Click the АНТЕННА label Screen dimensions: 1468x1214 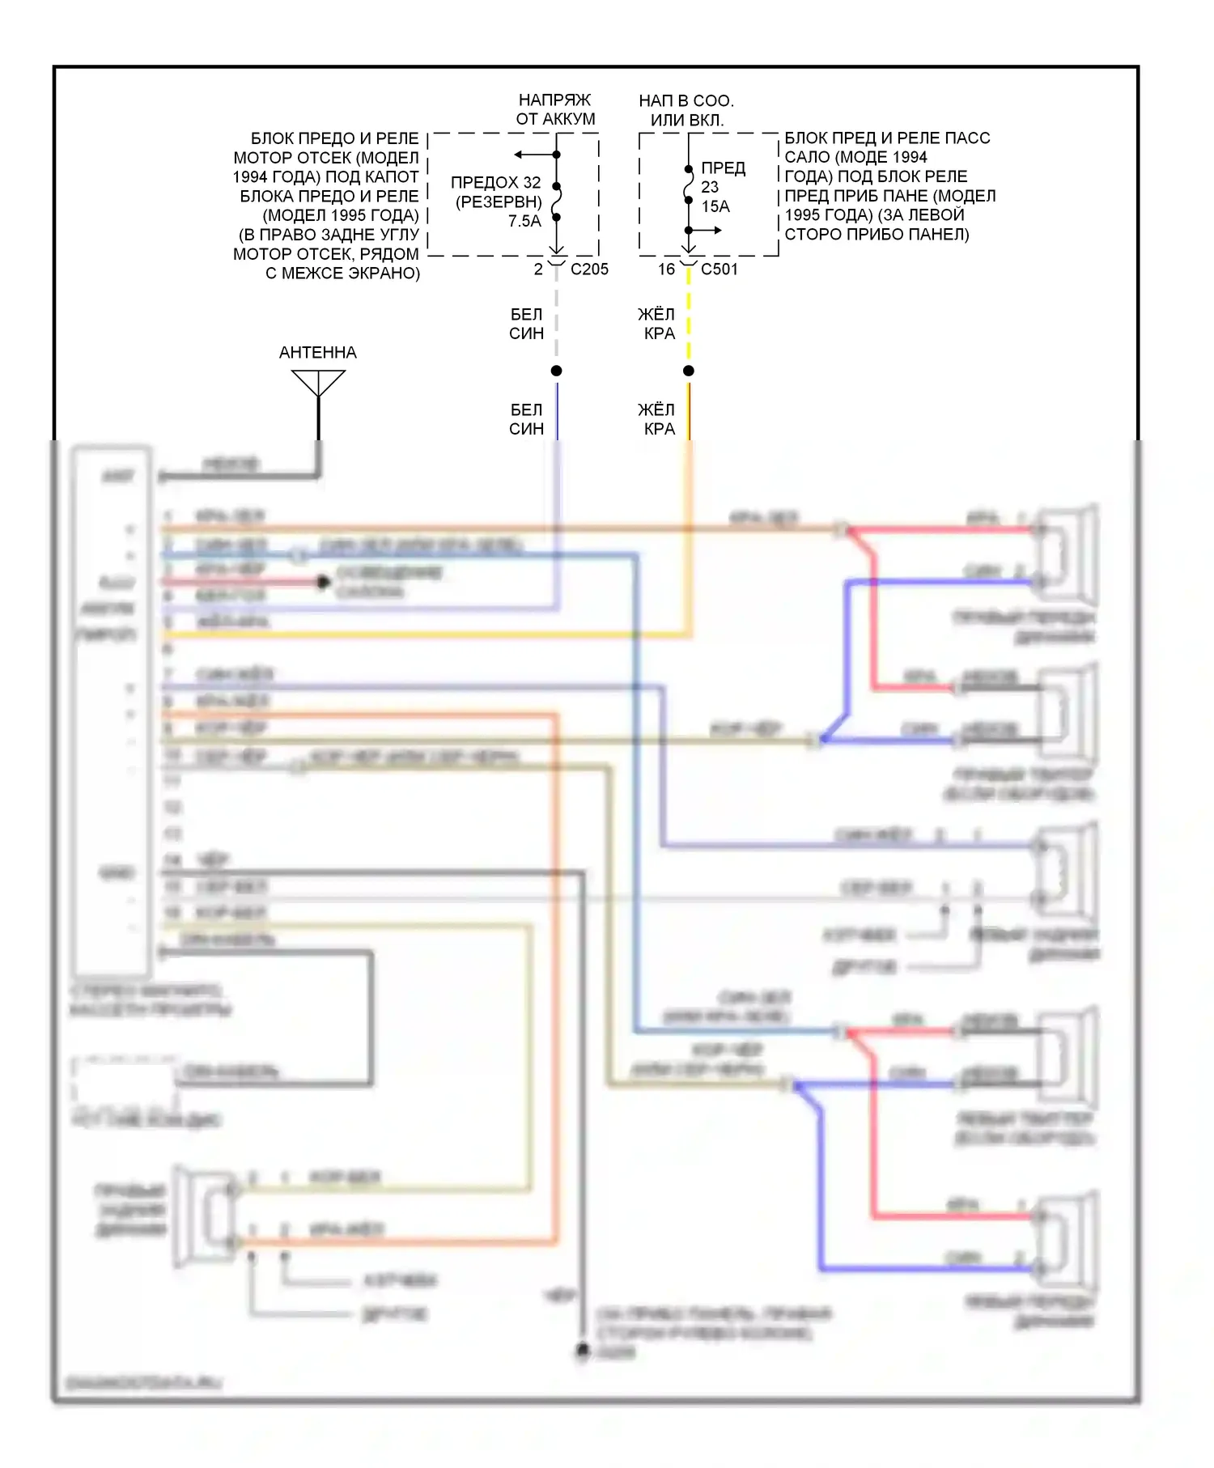point(317,353)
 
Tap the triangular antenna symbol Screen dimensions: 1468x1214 point(318,382)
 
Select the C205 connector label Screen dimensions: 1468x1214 point(589,269)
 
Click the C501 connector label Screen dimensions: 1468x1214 point(719,269)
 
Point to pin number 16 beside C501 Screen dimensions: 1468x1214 point(666,269)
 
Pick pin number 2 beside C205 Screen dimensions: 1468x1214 point(538,269)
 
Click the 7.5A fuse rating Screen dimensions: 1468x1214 point(524,221)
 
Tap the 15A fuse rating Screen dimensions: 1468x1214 point(715,206)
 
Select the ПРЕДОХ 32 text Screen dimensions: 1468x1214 point(495,183)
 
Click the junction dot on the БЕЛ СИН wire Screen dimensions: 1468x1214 point(556,371)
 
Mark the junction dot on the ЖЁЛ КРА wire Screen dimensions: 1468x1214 point(689,371)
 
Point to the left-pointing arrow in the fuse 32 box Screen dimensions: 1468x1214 point(522,155)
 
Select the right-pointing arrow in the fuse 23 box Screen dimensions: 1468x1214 point(711,231)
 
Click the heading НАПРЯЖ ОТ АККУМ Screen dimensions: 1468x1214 point(555,109)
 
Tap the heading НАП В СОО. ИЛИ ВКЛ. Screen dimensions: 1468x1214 point(686,110)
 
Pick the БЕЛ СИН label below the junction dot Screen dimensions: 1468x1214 point(526,419)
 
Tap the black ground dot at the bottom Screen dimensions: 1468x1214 point(582,1349)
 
